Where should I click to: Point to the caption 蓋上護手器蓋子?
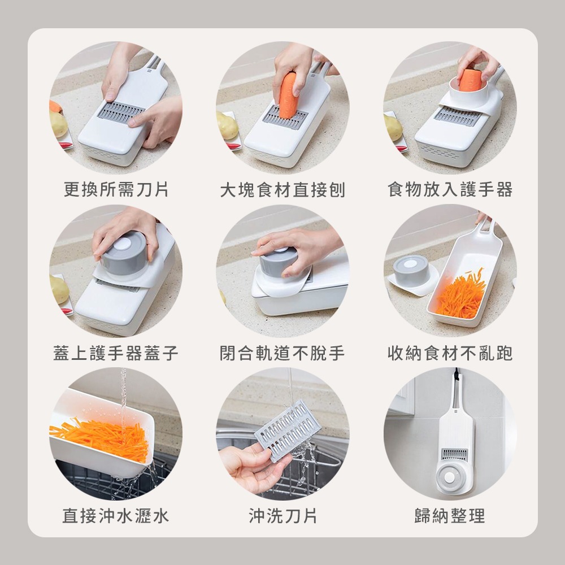coord(116,354)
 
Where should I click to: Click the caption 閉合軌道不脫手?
coord(282,354)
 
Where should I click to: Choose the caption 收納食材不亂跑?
coord(450,354)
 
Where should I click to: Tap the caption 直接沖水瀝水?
coord(116,515)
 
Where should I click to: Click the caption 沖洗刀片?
coord(282,515)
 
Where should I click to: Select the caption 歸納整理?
coord(450,515)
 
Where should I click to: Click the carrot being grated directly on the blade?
coord(288,94)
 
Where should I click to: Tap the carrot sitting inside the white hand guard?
coord(469,80)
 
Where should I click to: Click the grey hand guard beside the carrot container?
coord(411,271)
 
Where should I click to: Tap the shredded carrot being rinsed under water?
coord(102,438)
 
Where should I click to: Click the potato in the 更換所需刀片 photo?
coord(58,124)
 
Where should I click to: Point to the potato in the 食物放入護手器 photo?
coord(393,127)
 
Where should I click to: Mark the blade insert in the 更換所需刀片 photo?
coord(120,111)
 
